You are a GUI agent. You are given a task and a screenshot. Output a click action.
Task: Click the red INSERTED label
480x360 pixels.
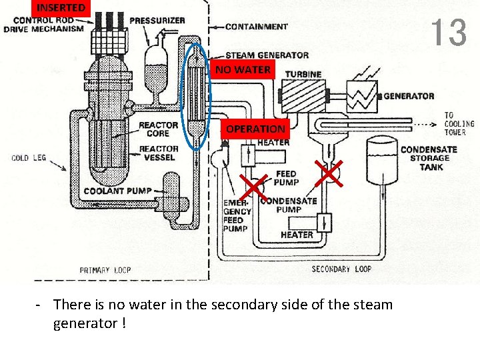pos(61,8)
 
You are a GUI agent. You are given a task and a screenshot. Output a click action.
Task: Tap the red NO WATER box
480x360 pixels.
pos(243,69)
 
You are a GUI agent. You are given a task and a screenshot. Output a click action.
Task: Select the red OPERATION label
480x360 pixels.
pos(255,129)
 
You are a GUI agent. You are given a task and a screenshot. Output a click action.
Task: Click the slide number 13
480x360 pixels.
pos(448,33)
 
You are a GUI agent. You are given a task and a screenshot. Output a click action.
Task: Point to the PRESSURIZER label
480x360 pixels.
pos(157,21)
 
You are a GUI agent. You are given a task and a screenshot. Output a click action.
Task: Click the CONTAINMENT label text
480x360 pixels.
pos(257,27)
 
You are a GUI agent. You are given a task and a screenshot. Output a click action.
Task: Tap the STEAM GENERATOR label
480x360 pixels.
pos(267,55)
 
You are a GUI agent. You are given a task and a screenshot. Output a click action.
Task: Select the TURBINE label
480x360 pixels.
pos(303,74)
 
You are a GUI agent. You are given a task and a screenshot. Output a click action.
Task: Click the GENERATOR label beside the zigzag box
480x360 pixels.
pos(409,96)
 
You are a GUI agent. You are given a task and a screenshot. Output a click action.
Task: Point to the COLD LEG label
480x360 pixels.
pos(29,158)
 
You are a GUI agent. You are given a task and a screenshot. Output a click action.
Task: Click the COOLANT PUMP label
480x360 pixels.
pos(118,191)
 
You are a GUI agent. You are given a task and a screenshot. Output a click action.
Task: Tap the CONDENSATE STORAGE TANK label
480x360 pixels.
pos(429,158)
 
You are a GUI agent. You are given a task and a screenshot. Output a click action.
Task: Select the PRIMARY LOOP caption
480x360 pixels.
pos(105,270)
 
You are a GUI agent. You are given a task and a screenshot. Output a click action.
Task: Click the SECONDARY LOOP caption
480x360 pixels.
pos(341,269)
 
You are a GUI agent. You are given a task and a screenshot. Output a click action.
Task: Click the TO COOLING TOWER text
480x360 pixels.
pos(459,124)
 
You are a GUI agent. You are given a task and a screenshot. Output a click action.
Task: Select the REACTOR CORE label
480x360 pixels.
pos(159,129)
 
